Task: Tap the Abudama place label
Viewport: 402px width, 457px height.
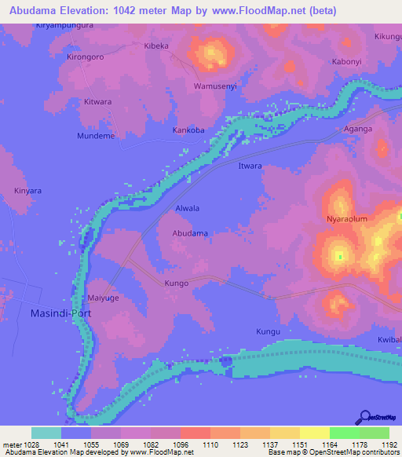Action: click(x=190, y=234)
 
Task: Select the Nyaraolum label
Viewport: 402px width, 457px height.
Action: click(x=346, y=219)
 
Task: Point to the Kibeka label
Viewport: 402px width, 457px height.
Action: click(x=156, y=46)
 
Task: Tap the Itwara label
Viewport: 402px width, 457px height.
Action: click(x=250, y=166)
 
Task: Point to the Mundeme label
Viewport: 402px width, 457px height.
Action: click(x=96, y=136)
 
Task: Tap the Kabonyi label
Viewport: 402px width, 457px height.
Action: click(x=347, y=61)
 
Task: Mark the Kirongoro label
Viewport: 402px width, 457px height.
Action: click(x=86, y=57)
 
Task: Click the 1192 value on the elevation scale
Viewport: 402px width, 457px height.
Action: click(x=389, y=445)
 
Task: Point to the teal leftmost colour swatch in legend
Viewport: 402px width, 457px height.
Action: click(x=46, y=433)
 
